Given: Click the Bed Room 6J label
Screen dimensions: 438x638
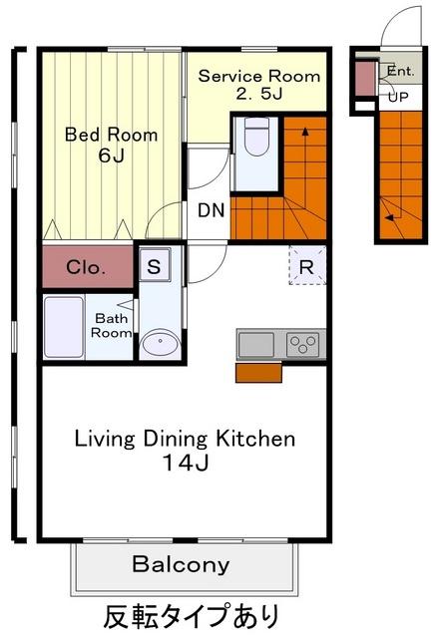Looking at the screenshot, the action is point(111,146).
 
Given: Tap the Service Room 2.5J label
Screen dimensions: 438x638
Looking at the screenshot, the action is point(259,85).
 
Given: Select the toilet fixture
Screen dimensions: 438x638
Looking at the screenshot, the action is point(256,137).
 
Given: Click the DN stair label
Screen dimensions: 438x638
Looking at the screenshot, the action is point(212,210).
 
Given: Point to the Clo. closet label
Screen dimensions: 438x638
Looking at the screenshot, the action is point(86,267).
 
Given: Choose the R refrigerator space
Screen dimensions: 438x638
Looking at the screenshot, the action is point(307,266).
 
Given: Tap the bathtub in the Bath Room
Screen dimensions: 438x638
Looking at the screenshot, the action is point(64,328).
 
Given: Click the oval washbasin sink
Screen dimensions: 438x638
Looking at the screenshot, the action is point(160,343).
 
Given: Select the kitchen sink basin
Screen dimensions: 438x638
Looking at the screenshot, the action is point(256,344).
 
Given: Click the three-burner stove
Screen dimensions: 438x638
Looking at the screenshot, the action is point(302,344).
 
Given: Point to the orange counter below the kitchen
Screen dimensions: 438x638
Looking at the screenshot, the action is point(258,373).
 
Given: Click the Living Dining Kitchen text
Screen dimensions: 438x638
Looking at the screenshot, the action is point(186,439).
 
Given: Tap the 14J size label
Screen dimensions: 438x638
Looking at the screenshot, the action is point(186,463).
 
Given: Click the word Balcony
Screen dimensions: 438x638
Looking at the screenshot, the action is point(181,565).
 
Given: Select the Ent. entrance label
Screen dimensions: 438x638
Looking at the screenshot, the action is point(400,71).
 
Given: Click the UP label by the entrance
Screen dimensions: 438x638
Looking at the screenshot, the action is point(398,98).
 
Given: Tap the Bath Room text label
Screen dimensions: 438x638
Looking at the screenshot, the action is point(111,326).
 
